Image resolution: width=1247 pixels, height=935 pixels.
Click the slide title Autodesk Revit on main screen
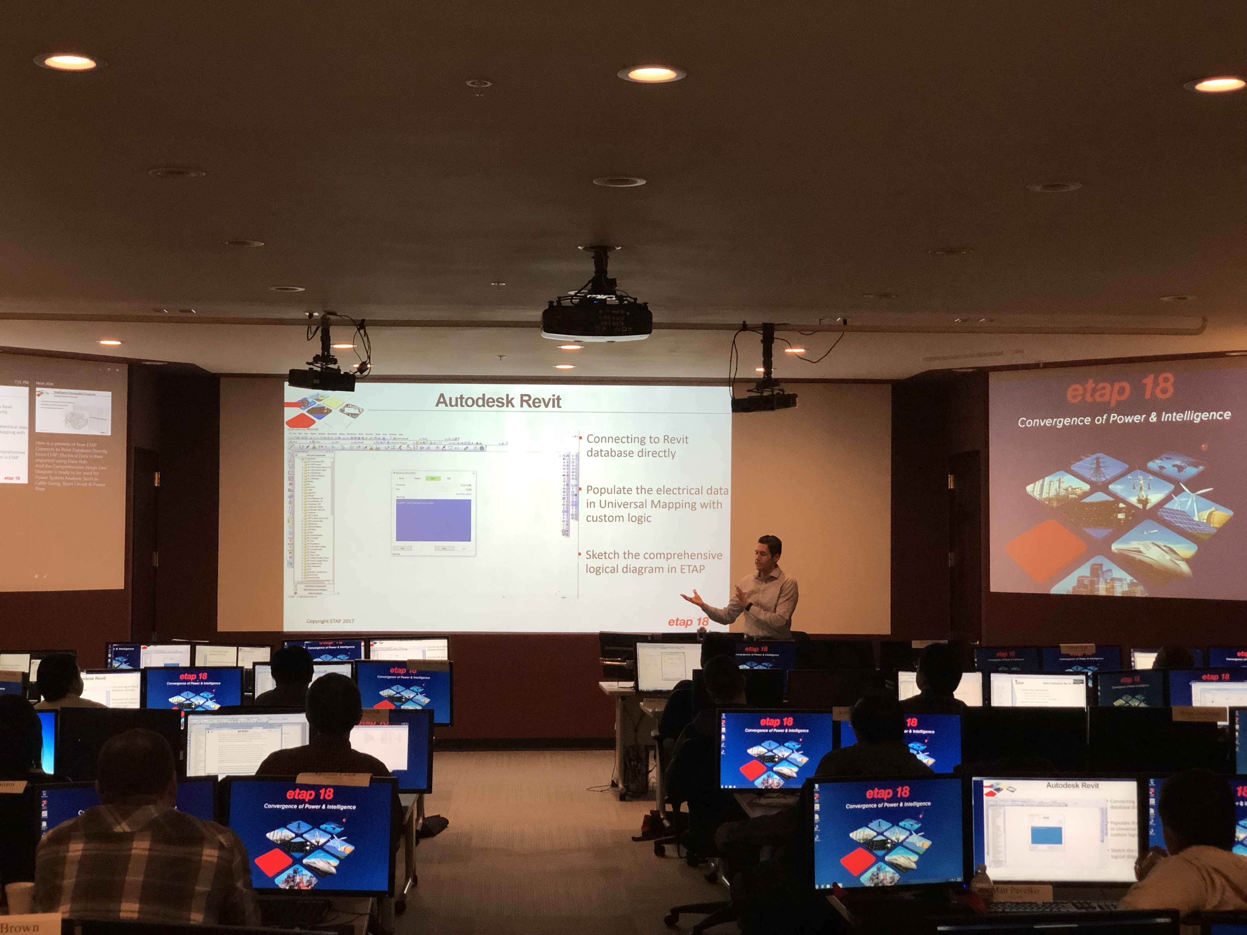coord(498,401)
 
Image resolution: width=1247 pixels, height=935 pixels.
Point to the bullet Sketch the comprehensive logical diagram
coord(653,562)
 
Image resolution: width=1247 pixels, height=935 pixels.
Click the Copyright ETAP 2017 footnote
coord(330,621)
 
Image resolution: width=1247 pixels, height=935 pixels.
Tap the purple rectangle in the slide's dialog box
coord(433,520)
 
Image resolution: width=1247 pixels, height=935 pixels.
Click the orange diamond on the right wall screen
coord(1046,549)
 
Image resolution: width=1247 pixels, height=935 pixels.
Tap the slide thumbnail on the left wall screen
coord(73,412)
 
